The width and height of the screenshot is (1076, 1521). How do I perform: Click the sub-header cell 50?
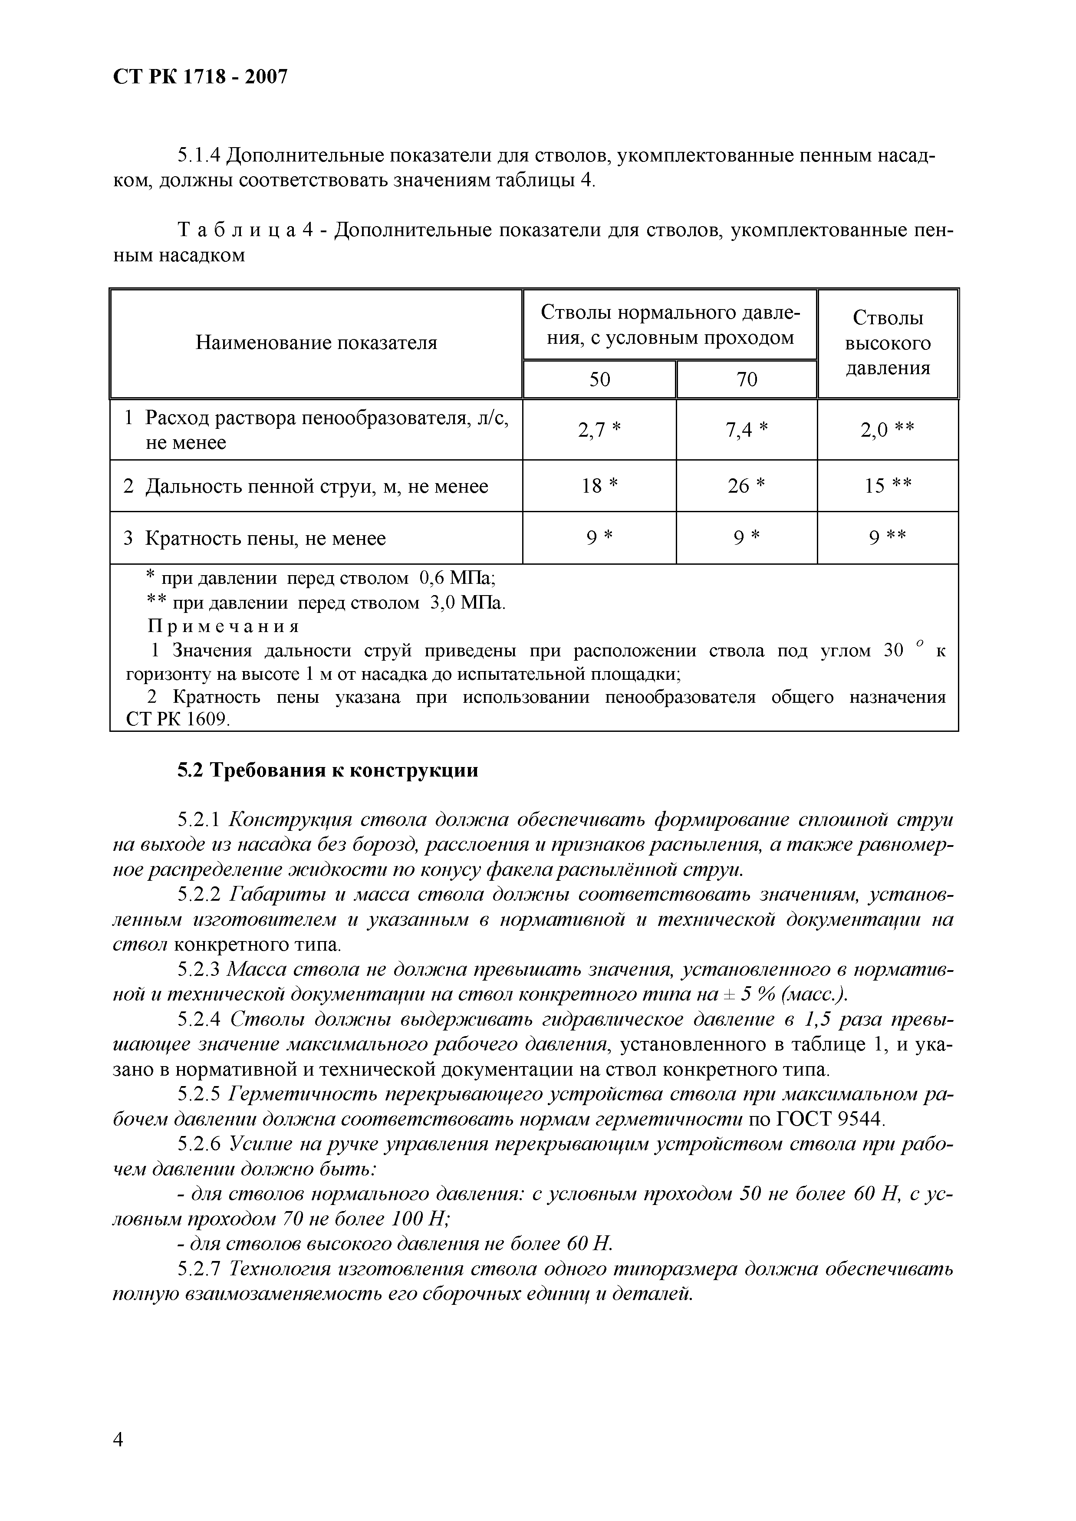(x=599, y=379)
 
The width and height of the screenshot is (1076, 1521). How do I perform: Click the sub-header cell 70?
(x=747, y=379)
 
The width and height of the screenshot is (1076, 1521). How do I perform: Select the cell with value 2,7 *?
(x=599, y=431)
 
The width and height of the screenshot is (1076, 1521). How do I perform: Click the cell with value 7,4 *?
(x=747, y=431)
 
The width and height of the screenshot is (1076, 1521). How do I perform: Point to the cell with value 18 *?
(x=599, y=486)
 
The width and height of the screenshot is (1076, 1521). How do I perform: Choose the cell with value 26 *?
(x=747, y=486)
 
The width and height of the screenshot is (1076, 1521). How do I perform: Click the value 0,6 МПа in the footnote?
(x=458, y=578)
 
